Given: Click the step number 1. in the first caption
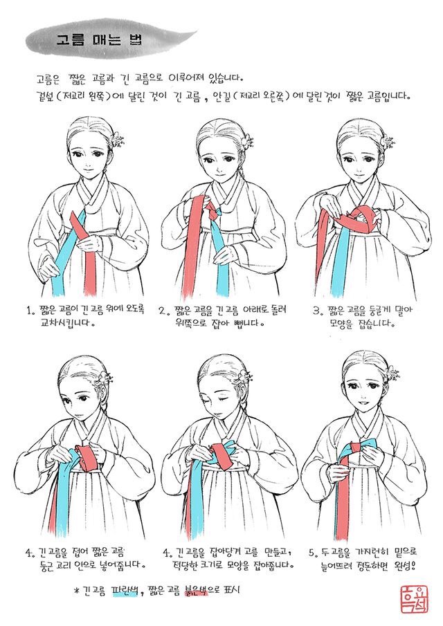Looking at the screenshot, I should tap(30, 311).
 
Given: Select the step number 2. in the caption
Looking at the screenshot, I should tap(163, 311).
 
